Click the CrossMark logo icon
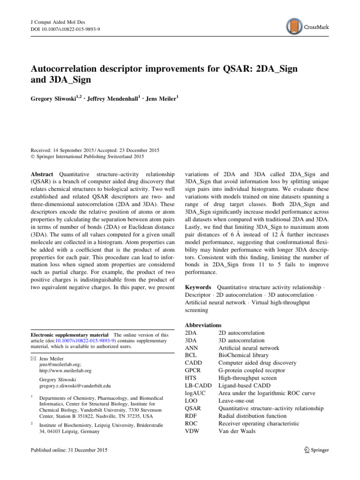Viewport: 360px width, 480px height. click(x=294, y=27)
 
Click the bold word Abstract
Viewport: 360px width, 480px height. click(x=42, y=173)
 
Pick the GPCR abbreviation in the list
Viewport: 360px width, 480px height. click(x=194, y=370)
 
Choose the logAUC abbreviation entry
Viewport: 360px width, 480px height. click(x=197, y=392)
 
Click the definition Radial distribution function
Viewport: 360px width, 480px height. click(x=253, y=415)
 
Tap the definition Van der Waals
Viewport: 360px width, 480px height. click(x=237, y=430)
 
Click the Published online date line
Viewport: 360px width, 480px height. click(x=68, y=450)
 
